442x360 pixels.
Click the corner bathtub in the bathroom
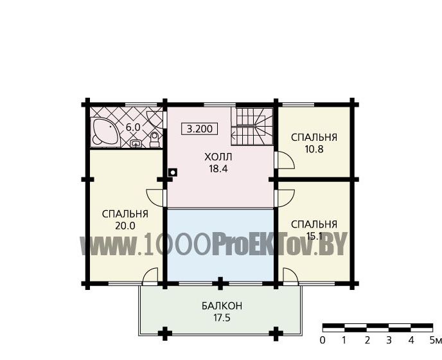click(104, 132)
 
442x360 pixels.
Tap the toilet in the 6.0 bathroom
click(154, 139)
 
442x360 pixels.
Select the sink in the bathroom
click(136, 143)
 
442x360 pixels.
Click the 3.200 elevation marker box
click(200, 129)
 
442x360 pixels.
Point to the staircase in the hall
click(252, 127)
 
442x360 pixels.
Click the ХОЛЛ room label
click(218, 157)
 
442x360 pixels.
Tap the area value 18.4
click(218, 168)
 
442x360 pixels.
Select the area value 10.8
click(314, 149)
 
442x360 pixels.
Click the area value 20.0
click(125, 226)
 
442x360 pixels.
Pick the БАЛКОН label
click(222, 306)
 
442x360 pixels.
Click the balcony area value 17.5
click(222, 318)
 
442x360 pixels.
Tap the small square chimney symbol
click(173, 172)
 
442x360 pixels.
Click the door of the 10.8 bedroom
click(285, 160)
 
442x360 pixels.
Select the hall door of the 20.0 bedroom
click(155, 198)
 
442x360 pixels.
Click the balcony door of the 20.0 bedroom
click(150, 275)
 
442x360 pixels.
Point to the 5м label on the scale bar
click(435, 341)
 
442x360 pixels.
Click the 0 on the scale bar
click(323, 341)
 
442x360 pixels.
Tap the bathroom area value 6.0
click(133, 127)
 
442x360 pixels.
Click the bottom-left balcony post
click(165, 334)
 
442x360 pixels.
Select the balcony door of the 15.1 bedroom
click(290, 275)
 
